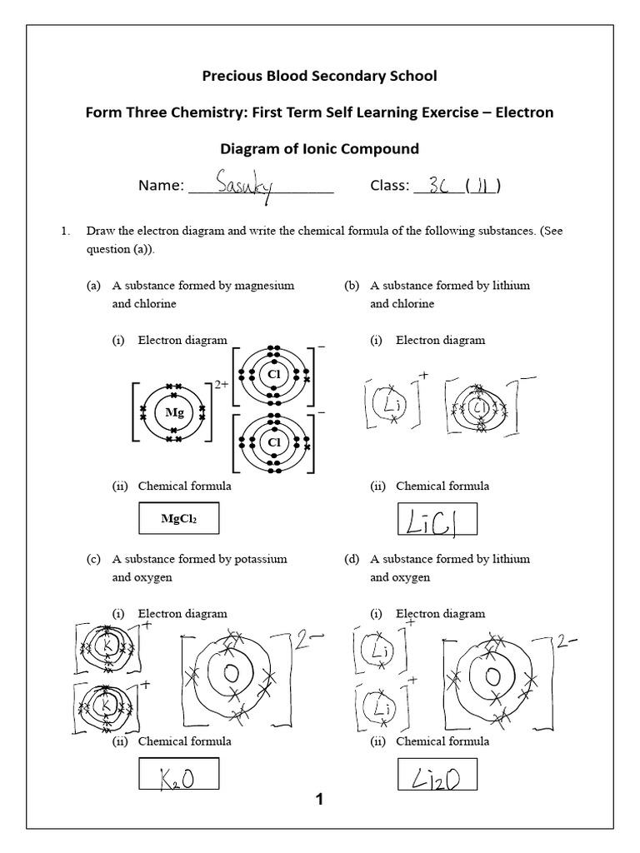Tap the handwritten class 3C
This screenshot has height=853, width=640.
pos(436,185)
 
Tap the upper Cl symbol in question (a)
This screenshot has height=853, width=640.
pos(272,375)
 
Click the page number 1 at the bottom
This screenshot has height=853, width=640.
pos(318,801)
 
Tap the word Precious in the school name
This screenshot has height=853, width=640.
pos(233,77)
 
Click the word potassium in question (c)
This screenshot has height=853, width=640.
pos(260,559)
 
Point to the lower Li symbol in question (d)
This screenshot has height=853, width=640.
pos(382,709)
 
